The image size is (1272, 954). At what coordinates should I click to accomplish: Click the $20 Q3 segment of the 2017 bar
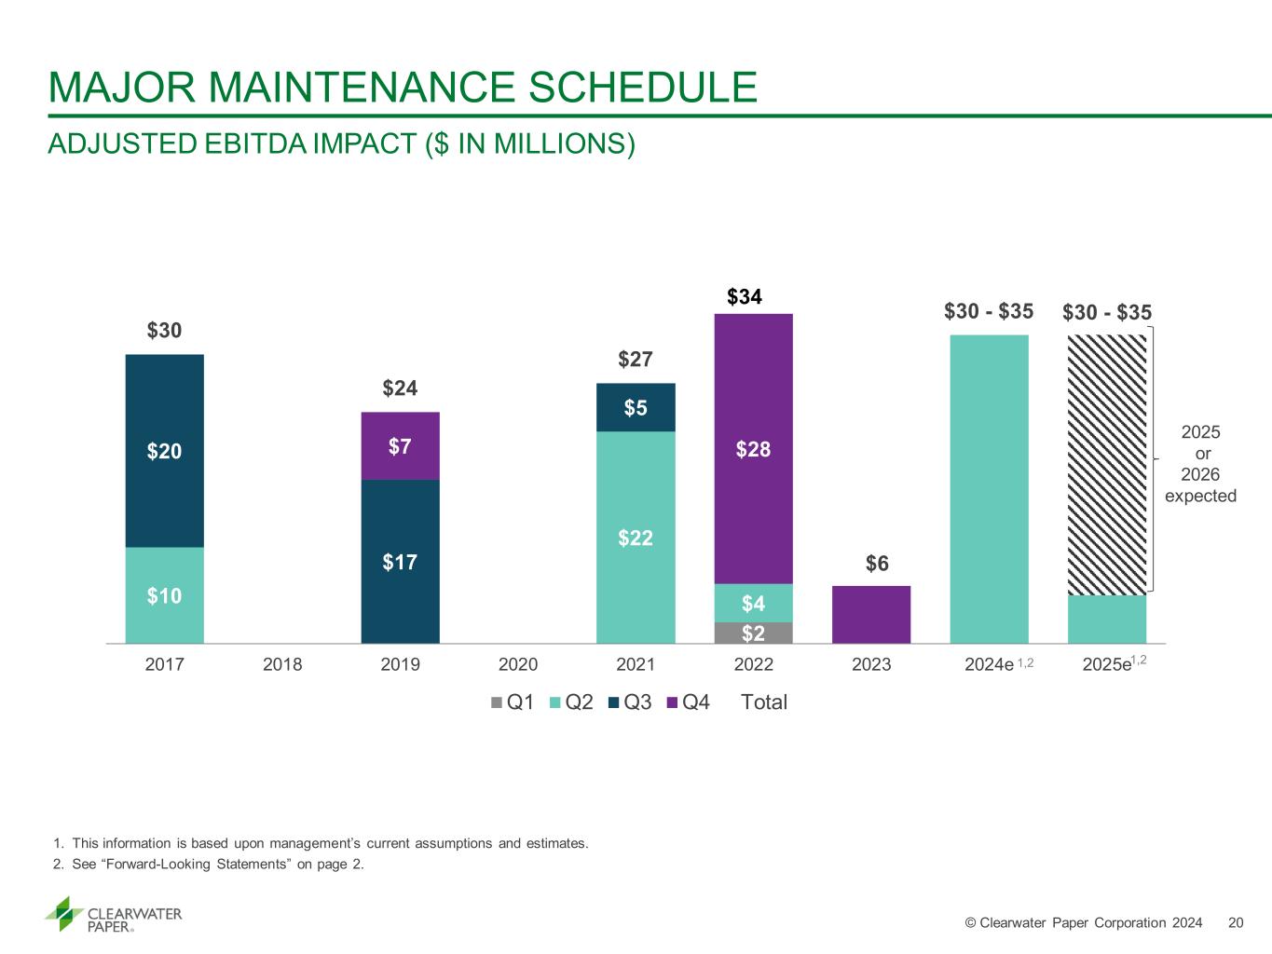[164, 451]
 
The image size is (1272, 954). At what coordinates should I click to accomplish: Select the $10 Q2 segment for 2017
[164, 595]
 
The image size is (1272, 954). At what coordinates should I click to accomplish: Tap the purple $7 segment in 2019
[400, 446]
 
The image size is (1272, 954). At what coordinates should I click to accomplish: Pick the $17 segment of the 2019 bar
[400, 562]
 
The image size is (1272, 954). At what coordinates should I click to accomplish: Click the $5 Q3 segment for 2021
[636, 408]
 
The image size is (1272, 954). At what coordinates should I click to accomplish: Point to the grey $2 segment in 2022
[753, 634]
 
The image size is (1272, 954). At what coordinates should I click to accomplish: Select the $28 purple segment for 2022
[753, 449]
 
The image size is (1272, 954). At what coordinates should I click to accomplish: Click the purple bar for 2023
[870, 615]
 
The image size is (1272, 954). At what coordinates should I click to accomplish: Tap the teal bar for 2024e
[989, 489]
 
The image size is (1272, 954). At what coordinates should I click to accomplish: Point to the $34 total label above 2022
[745, 297]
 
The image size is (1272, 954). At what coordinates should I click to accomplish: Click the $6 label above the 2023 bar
[877, 564]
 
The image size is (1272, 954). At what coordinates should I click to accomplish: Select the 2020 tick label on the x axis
[518, 664]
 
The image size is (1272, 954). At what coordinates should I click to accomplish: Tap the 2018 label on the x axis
[282, 664]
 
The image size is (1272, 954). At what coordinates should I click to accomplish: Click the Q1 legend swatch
[497, 702]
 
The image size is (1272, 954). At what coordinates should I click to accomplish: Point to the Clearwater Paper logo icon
[64, 914]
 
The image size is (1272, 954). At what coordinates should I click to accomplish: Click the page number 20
[1237, 922]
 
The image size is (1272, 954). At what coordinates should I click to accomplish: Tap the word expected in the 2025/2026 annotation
[1200, 496]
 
